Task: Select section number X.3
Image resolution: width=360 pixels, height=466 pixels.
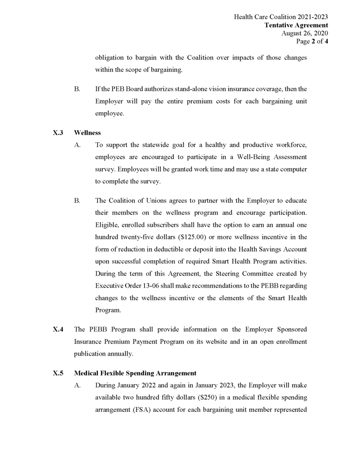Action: (x=58, y=133)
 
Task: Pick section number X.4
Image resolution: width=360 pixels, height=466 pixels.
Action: (x=58, y=329)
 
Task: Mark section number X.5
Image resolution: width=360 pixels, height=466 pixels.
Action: (x=58, y=373)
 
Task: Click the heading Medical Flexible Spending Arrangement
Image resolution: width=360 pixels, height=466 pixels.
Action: (x=135, y=373)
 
